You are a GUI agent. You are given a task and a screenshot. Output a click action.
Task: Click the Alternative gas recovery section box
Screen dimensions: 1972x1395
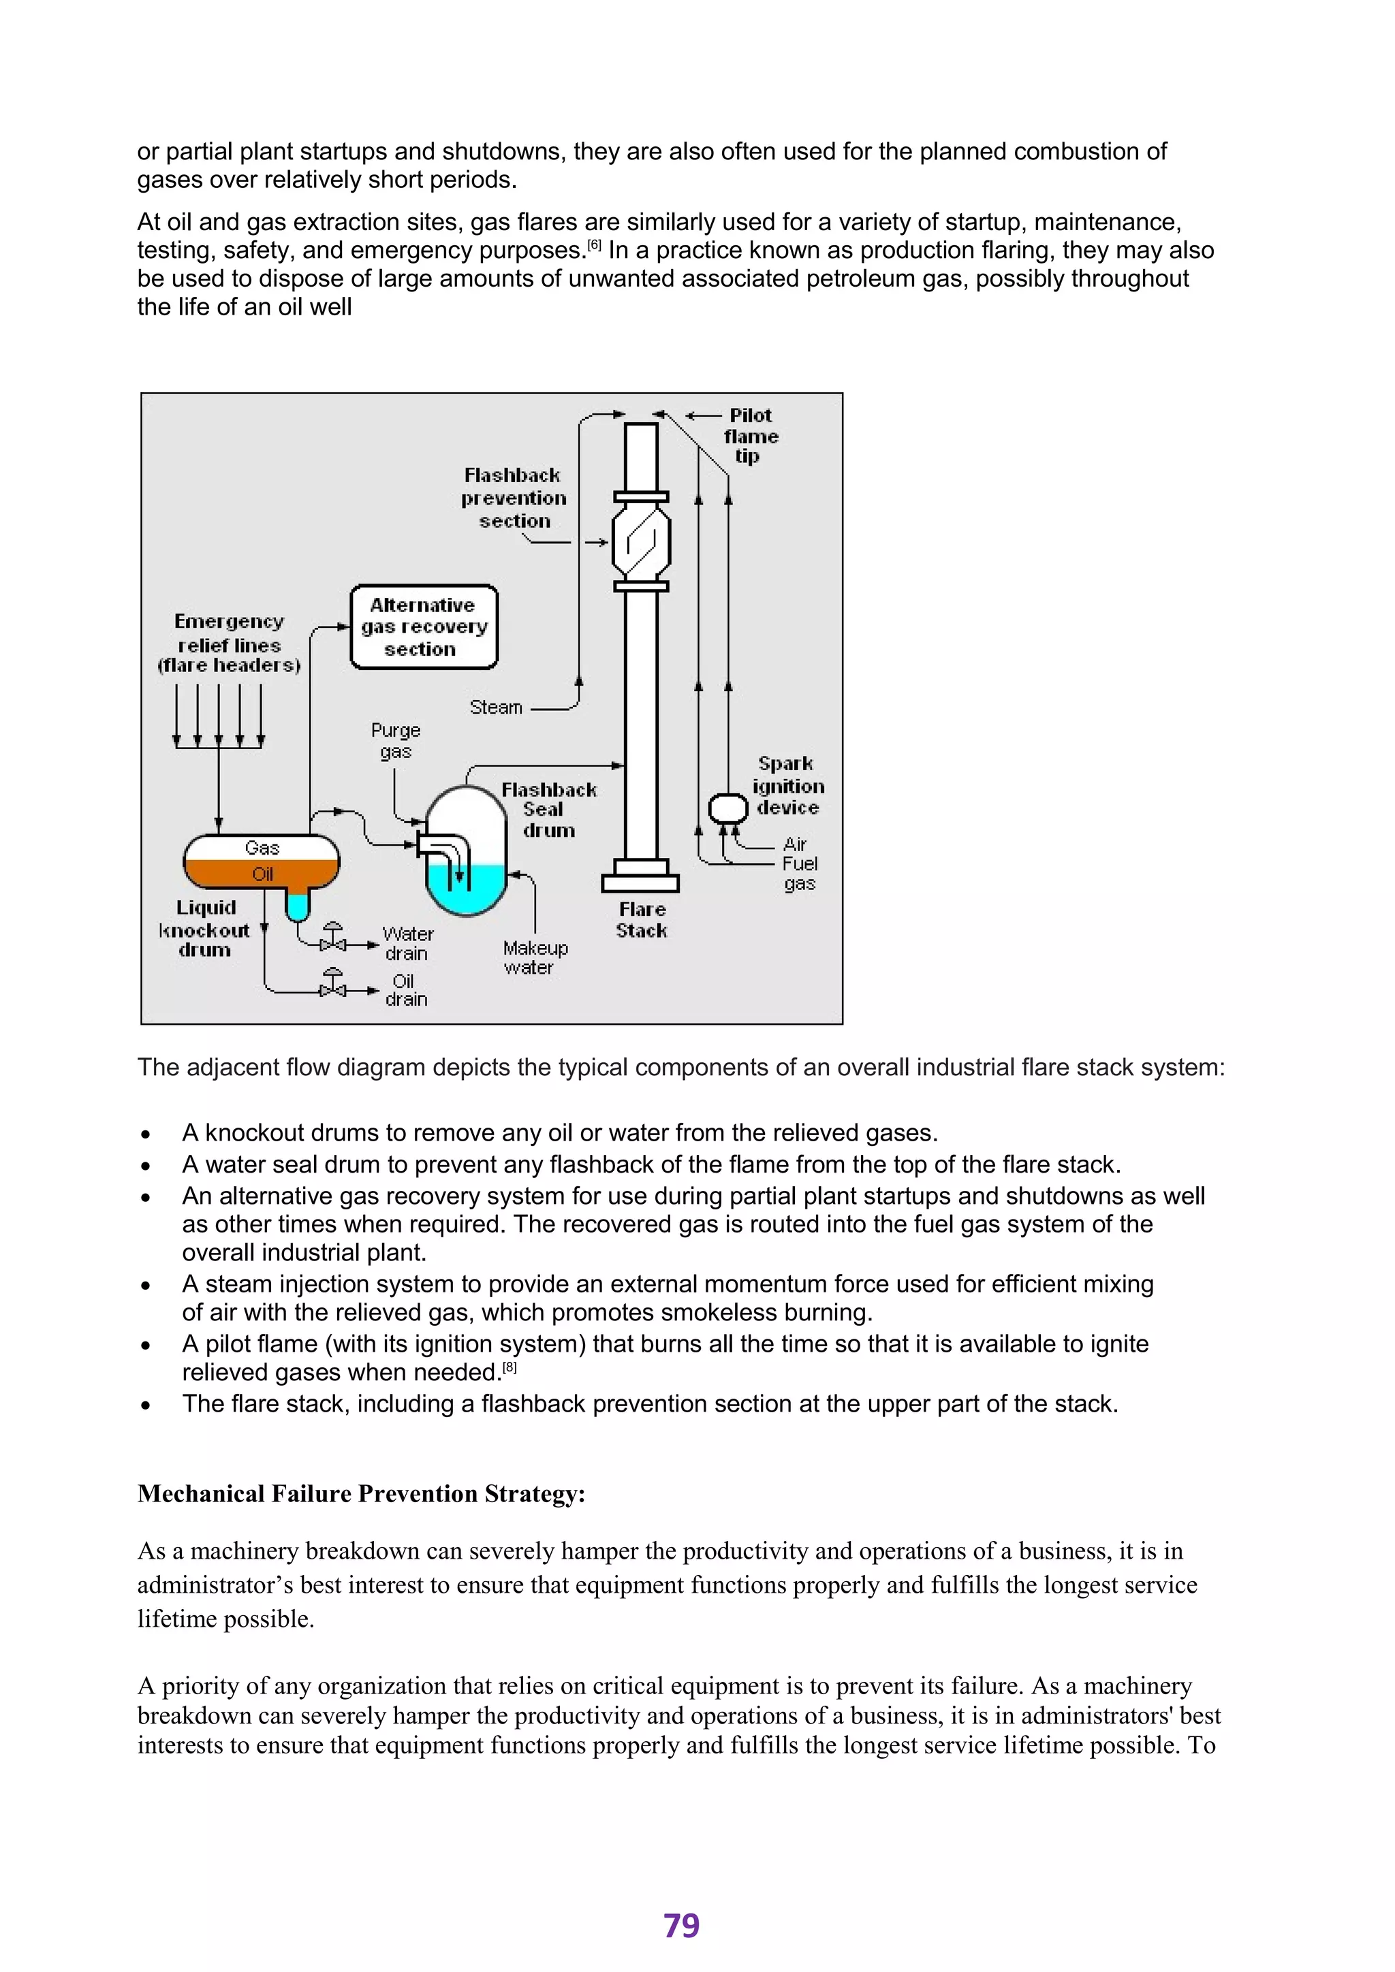tap(424, 627)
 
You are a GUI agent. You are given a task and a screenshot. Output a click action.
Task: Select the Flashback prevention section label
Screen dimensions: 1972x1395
tap(514, 498)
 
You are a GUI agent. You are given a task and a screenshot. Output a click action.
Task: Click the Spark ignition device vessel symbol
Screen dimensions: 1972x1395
tap(727, 808)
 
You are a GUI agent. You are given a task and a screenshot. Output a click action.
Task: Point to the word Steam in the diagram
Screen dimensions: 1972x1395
tap(496, 707)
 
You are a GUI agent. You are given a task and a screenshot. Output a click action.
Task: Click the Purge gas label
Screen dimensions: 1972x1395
tap(396, 740)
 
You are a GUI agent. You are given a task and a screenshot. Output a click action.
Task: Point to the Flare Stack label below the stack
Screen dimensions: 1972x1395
tap(642, 920)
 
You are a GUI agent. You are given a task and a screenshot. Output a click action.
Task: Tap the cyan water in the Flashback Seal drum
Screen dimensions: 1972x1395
tap(467, 893)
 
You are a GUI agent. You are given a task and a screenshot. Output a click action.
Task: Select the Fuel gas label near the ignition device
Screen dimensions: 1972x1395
tap(799, 874)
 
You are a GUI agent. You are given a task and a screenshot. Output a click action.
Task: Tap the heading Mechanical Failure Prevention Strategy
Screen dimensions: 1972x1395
tap(361, 1493)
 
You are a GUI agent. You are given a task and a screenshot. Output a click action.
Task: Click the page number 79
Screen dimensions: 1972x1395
tap(681, 1926)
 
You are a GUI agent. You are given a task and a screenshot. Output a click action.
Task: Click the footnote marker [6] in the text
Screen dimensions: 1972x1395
tap(595, 246)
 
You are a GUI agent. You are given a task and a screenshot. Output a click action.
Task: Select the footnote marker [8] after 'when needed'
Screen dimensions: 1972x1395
tap(510, 1368)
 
